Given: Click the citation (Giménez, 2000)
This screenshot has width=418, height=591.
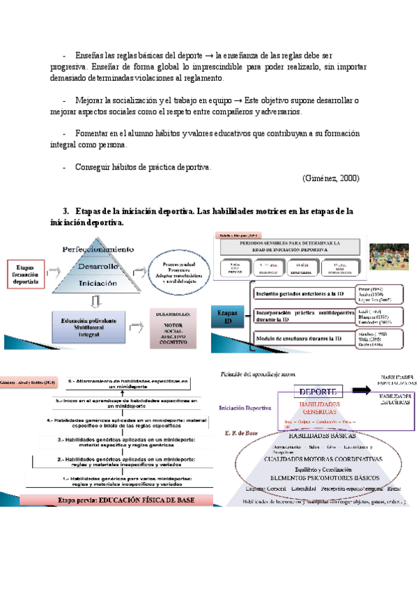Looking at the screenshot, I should click(331, 178).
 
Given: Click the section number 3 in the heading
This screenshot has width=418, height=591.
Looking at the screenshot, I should click(66, 210).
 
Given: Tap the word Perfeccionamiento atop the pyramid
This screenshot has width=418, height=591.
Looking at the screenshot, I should click(98, 249).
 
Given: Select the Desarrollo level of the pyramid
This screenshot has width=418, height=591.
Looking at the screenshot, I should click(97, 266).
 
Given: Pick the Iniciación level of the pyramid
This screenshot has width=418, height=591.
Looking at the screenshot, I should click(97, 284).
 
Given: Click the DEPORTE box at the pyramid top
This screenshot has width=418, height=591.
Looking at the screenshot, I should click(319, 391).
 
